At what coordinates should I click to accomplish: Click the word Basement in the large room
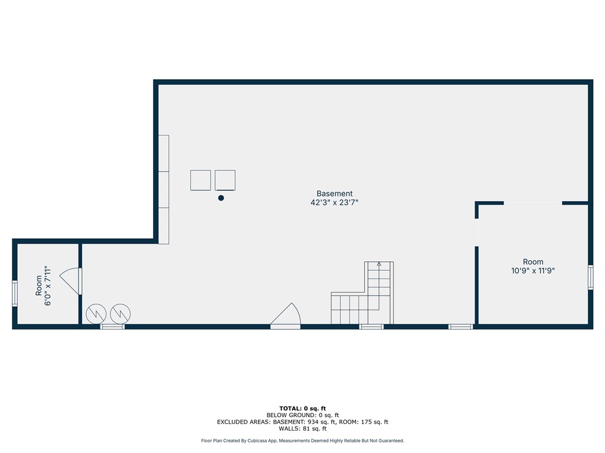click(x=334, y=193)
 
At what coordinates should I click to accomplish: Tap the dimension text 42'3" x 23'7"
click(x=334, y=202)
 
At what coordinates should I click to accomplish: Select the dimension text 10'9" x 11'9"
click(x=533, y=270)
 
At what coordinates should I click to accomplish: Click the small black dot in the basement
click(x=221, y=198)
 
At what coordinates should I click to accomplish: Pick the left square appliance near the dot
click(x=201, y=180)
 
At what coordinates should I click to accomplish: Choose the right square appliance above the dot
click(x=225, y=180)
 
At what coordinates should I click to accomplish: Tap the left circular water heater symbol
click(x=96, y=314)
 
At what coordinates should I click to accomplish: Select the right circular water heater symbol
click(x=121, y=314)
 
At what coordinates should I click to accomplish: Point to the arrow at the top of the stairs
click(x=379, y=264)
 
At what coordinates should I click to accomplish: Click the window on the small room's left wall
click(x=15, y=294)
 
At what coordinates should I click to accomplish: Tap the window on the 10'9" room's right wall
click(x=590, y=277)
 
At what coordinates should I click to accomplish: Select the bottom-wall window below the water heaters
click(x=112, y=327)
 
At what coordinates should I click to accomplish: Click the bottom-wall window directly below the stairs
click(x=372, y=327)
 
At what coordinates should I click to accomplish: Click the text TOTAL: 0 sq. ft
click(x=302, y=408)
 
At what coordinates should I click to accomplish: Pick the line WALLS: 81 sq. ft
click(x=302, y=428)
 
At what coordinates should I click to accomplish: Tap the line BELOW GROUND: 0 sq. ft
click(x=302, y=415)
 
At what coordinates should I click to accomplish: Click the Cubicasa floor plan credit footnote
click(x=302, y=441)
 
